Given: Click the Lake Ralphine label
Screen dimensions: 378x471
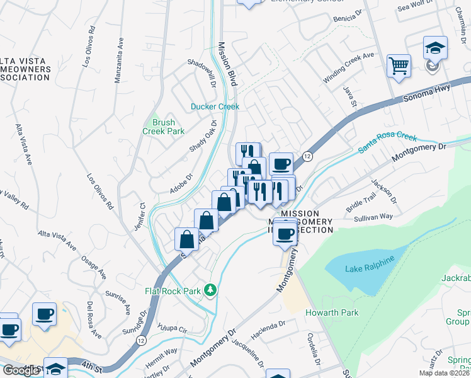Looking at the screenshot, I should click(x=370, y=265).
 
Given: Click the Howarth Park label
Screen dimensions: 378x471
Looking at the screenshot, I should click(x=332, y=313).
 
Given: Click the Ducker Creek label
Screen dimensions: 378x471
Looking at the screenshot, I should click(x=215, y=107).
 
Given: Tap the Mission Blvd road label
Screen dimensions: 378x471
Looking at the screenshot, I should click(x=227, y=64).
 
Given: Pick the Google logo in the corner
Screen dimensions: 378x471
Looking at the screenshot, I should click(x=21, y=370).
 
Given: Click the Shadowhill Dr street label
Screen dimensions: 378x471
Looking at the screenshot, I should click(x=202, y=74).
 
